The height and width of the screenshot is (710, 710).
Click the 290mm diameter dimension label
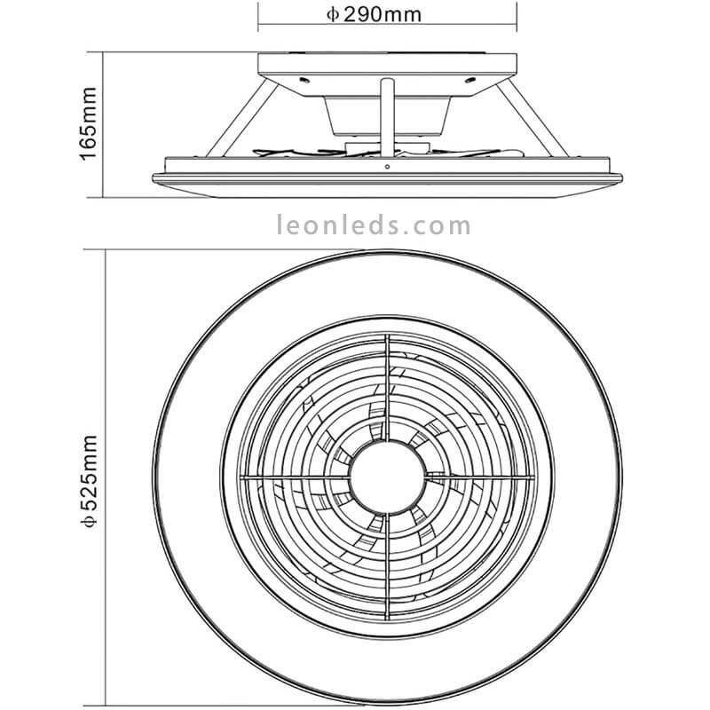386,13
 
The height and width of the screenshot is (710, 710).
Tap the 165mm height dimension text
88,123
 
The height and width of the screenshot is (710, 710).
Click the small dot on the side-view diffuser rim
388,165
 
